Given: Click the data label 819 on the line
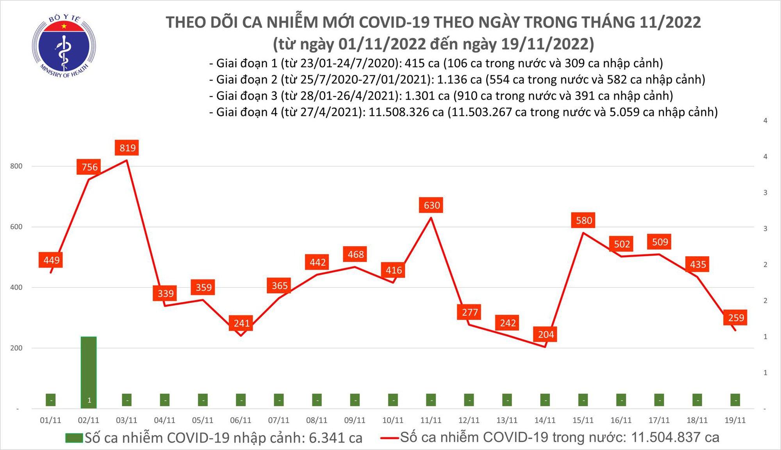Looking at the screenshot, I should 127,148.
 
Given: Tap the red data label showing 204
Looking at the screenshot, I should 546,334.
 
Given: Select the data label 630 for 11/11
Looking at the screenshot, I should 432,205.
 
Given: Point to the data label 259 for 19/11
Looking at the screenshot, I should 736,318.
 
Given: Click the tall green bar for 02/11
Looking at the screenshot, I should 89,371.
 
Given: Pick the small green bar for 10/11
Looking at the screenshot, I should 393,400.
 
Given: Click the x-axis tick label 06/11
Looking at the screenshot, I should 241,420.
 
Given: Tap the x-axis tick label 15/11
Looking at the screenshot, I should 583,420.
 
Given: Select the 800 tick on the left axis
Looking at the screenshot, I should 16,166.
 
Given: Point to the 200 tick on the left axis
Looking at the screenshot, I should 16,348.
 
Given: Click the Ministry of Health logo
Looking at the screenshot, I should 64,46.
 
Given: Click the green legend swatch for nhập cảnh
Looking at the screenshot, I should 74,438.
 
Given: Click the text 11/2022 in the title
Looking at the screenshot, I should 670,22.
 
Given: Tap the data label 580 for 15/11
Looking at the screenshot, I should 584,220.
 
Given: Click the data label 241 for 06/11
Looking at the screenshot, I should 241,323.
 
